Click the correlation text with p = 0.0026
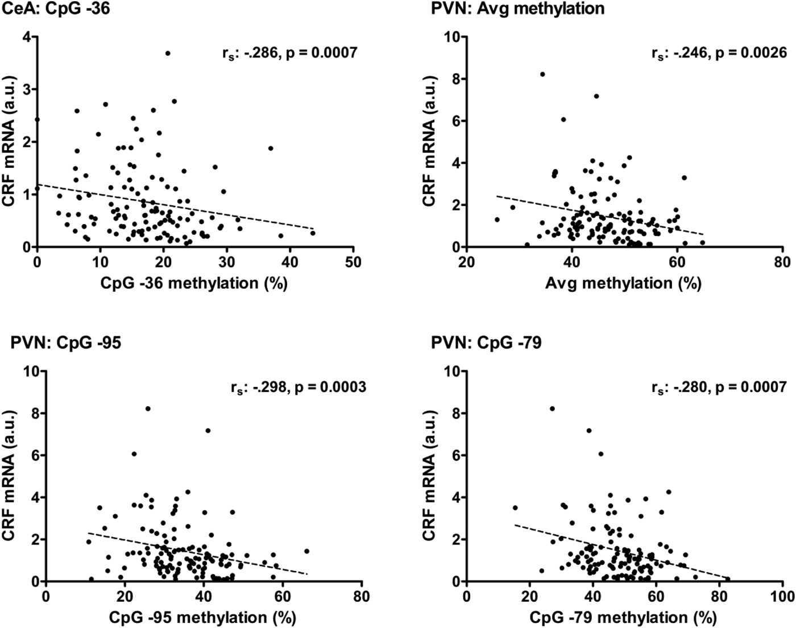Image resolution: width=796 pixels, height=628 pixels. pos(719,53)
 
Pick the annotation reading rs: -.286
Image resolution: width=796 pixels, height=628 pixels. pos(289,53)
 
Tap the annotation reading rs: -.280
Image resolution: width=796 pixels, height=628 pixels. pos(719,388)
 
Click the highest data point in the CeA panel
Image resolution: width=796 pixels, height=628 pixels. pos(168,53)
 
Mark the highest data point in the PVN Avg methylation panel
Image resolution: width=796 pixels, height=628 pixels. pos(542,75)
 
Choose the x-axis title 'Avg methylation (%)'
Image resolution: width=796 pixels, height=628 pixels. pos(623,283)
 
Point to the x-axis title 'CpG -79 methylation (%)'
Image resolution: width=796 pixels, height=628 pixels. pos(623,617)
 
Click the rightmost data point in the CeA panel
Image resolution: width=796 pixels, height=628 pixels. pos(313,233)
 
